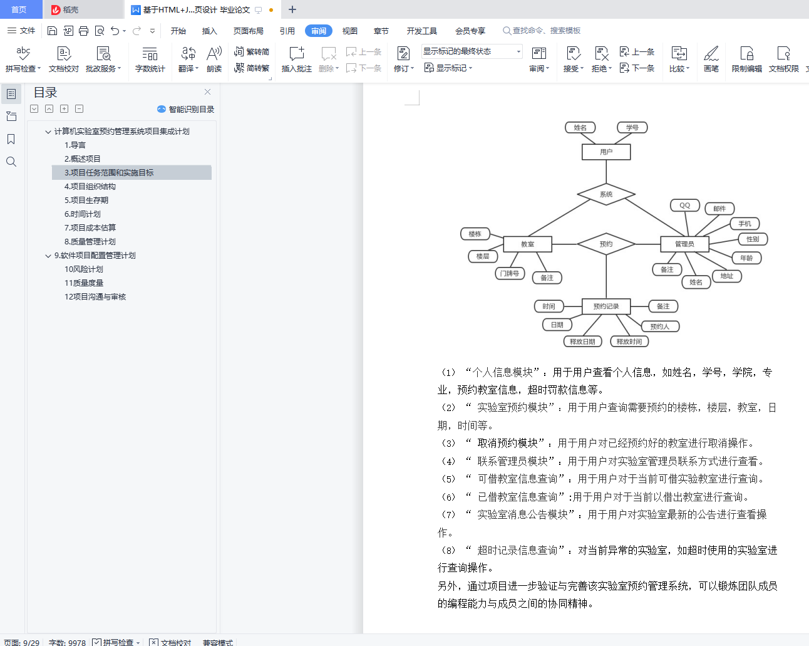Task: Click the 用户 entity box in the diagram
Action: pyautogui.click(x=606, y=152)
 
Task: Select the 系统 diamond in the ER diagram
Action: pyautogui.click(x=606, y=194)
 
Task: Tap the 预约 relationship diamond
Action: pyautogui.click(x=606, y=244)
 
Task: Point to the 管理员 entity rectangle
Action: pyautogui.click(x=684, y=244)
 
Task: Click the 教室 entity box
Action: pyautogui.click(x=527, y=244)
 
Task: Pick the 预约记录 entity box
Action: pyautogui.click(x=606, y=306)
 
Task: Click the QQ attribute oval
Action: pyautogui.click(x=685, y=206)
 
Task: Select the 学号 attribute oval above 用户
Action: pyautogui.click(x=632, y=128)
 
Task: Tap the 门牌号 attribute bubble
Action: pyautogui.click(x=510, y=274)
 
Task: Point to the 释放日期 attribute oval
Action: pyautogui.click(x=583, y=341)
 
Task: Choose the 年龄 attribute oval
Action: pyautogui.click(x=746, y=258)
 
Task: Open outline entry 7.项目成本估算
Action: pyautogui.click(x=90, y=227)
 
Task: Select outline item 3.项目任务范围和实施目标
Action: pyautogui.click(x=109, y=173)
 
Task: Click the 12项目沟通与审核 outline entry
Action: pyautogui.click(x=95, y=297)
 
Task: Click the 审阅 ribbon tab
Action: pyautogui.click(x=319, y=31)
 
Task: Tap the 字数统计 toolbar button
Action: pyautogui.click(x=150, y=59)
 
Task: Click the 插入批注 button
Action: pyautogui.click(x=297, y=59)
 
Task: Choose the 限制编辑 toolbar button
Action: pyautogui.click(x=746, y=59)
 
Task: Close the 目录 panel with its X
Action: pyautogui.click(x=207, y=92)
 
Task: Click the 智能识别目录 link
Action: pyautogui.click(x=186, y=109)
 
